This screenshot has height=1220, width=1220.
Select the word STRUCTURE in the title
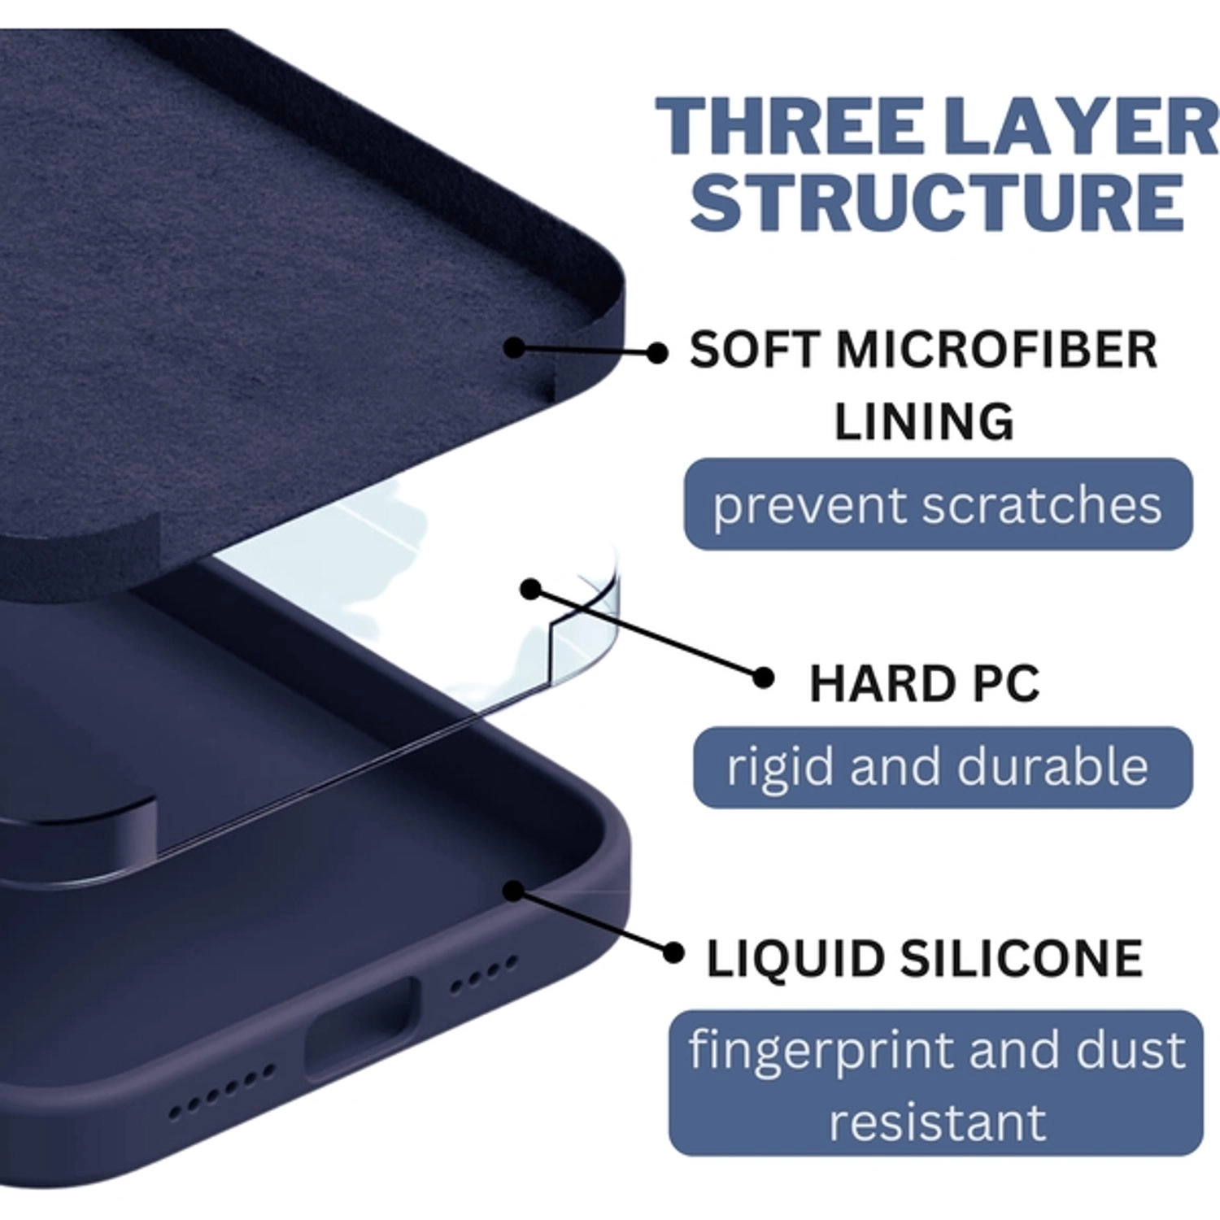click(x=937, y=201)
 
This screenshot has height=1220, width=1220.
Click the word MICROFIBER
click(x=996, y=351)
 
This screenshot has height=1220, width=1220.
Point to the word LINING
click(x=924, y=421)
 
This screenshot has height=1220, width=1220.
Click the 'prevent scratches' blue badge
click(x=937, y=505)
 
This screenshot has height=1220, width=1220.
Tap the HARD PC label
click(x=924, y=683)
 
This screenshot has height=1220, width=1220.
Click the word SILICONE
click(x=1021, y=958)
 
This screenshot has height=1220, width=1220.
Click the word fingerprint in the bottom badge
click(x=821, y=1050)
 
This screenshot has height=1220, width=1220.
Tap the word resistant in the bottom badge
click(x=937, y=1122)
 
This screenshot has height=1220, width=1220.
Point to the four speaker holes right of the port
click(x=483, y=974)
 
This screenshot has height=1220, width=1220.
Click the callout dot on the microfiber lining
click(x=514, y=347)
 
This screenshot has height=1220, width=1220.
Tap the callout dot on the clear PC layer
click(x=531, y=588)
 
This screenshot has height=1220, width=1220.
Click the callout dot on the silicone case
click(x=512, y=891)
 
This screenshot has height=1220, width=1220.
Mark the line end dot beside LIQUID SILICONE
click(x=673, y=952)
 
